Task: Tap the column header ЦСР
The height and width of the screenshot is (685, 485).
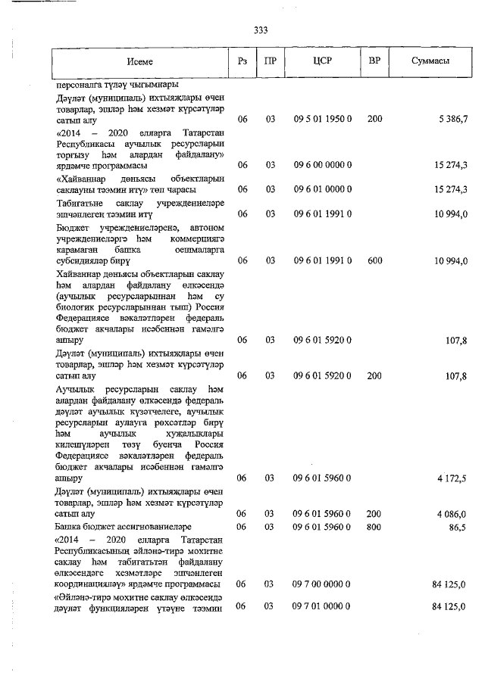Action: pos(322,61)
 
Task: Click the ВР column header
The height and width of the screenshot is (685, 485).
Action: pos(374,61)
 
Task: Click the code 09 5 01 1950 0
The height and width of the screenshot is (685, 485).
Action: pos(322,120)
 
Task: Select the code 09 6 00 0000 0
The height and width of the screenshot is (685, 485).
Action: pos(322,165)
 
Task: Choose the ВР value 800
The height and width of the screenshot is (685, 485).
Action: pos(374,525)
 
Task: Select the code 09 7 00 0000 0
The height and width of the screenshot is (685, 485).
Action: pos(322,584)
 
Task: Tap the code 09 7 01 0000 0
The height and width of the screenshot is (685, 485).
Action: pos(322,607)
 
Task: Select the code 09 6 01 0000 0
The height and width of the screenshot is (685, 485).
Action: pos(322,189)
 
